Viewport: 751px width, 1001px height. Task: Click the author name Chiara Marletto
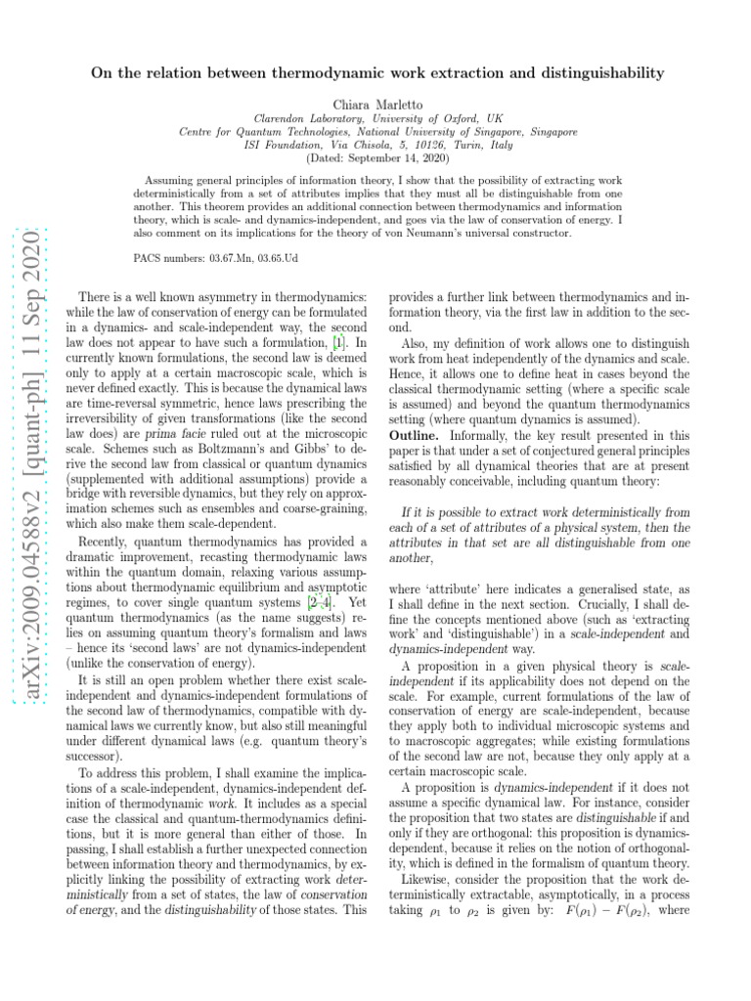(375, 102)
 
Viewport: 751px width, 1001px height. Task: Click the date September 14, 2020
(390, 156)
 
